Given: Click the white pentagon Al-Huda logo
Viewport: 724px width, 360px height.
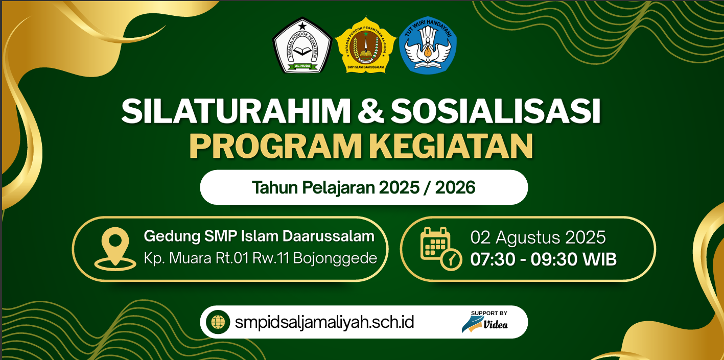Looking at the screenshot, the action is coord(302,45).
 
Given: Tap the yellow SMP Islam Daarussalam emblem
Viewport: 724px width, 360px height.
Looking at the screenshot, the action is coord(365,45).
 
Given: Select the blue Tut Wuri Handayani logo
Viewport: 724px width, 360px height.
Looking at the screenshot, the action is coord(428,45).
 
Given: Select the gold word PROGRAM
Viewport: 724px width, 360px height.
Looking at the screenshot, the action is coord(275,146).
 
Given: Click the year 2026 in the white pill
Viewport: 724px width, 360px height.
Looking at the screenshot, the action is coord(455,187).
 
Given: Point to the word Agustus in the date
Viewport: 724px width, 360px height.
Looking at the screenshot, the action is coord(528,238).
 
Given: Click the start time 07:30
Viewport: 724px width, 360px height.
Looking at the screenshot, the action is coord(493,259).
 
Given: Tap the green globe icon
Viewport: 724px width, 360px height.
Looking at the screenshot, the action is coord(218,322).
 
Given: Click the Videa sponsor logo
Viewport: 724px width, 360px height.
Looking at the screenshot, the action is coord(485,322).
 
